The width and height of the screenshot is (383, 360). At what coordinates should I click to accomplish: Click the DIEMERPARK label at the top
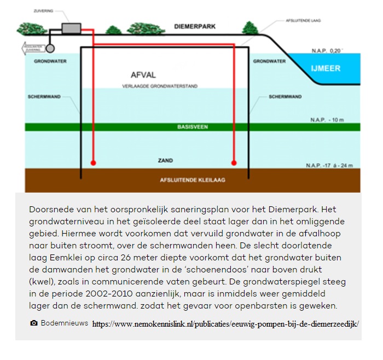195,26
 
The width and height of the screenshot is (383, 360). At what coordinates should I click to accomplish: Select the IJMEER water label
325,68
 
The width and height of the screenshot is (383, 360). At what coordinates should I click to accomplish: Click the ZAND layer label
165,161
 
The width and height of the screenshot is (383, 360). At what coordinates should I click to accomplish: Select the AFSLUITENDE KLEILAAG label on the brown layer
192,179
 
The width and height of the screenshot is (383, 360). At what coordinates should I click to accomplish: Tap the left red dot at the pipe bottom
94,162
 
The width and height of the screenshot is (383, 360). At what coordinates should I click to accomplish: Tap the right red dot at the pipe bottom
234,162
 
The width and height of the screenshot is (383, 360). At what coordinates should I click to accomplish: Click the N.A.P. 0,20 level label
327,51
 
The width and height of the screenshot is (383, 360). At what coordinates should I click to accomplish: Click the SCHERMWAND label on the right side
285,97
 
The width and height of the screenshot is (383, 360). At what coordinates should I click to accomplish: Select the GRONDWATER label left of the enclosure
50,61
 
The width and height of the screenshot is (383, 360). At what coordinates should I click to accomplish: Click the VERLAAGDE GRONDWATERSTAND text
160,86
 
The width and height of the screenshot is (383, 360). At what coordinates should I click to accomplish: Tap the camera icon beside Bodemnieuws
34,323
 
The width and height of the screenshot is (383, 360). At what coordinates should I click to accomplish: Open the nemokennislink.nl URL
225,324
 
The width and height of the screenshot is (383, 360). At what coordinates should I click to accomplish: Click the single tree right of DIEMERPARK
250,27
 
